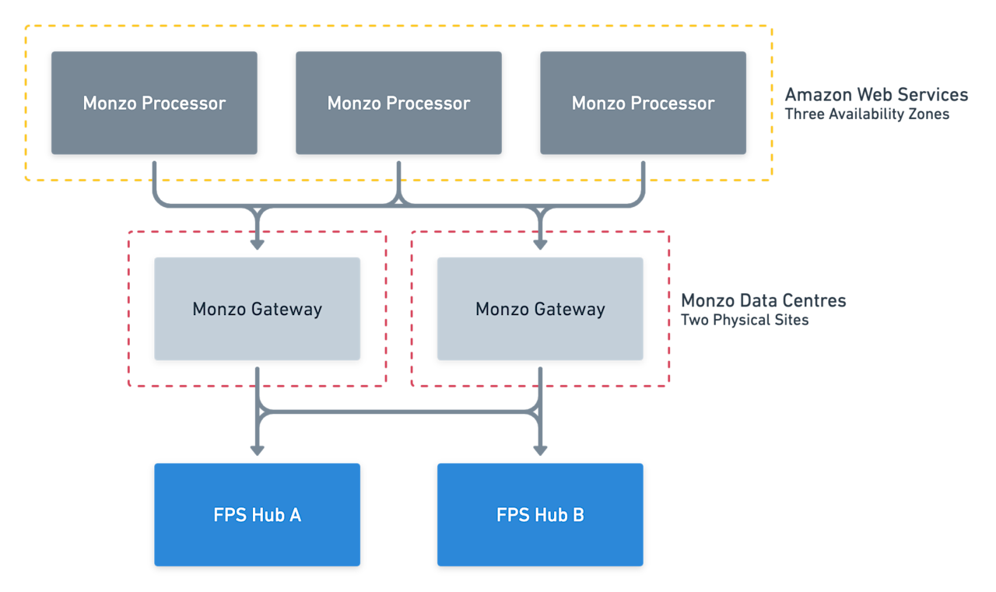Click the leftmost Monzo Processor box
154,103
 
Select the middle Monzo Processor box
398,103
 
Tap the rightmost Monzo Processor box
643,103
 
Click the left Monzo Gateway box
257,309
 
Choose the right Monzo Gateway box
540,309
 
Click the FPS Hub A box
257,514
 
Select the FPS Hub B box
540,514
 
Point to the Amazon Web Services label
876,95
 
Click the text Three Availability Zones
867,114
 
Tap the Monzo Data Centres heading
763,301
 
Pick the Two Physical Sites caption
745,321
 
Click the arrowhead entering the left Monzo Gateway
257,244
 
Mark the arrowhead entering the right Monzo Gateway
540,244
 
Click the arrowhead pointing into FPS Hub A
257,450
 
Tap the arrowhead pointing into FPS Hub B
540,450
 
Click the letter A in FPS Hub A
295,515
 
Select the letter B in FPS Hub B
578,515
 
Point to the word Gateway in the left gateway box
286,310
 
